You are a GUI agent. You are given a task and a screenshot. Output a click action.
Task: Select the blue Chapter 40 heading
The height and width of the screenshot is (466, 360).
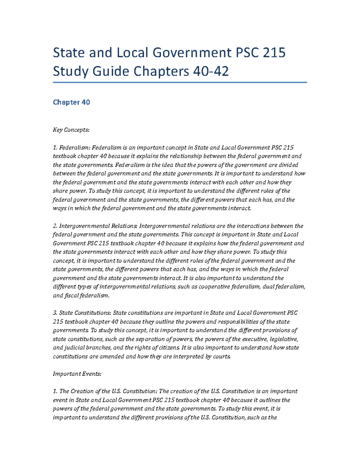click(71, 102)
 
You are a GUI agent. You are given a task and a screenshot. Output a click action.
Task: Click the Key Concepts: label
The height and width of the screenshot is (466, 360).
click(71, 130)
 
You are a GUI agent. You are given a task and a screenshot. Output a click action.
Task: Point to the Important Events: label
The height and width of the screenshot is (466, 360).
click(77, 374)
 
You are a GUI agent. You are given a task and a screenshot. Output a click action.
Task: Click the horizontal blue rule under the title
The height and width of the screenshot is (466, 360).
click(180, 82)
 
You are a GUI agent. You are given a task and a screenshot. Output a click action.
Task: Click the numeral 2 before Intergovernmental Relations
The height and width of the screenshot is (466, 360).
click(55, 226)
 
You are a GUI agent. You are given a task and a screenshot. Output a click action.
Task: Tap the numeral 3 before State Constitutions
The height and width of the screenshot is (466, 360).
click(55, 313)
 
